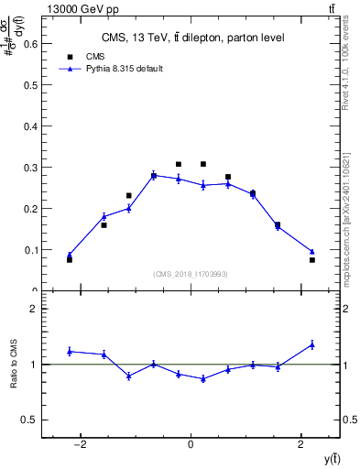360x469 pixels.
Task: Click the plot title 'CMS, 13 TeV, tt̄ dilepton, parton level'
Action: pyautogui.click(x=191, y=38)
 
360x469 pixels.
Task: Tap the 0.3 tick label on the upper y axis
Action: pyautogui.click(x=31, y=167)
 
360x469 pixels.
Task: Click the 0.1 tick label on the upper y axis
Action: pyautogui.click(x=31, y=249)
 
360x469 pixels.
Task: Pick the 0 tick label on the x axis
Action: pyautogui.click(x=191, y=444)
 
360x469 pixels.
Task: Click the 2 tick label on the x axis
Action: pyautogui.click(x=301, y=444)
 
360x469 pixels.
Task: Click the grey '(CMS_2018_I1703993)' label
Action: pyautogui.click(x=191, y=274)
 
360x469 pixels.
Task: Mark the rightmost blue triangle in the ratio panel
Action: pyautogui.click(x=312, y=344)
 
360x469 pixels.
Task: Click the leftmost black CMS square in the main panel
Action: pyautogui.click(x=70, y=260)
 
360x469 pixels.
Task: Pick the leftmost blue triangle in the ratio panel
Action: pyautogui.click(x=70, y=351)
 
